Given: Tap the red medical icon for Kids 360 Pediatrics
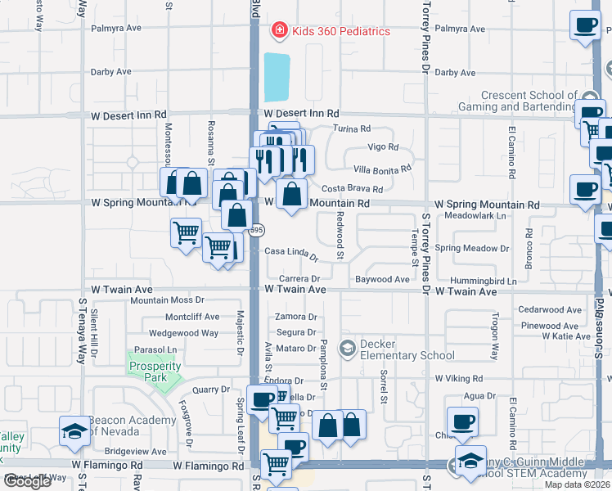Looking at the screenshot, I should [x=279, y=31].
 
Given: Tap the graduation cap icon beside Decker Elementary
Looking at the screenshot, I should [x=348, y=349].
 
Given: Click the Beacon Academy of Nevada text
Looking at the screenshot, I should [x=133, y=426].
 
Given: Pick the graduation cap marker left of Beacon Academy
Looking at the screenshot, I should [x=74, y=431].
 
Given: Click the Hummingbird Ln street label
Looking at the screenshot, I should [x=488, y=281].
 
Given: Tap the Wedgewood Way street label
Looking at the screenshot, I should [x=183, y=333].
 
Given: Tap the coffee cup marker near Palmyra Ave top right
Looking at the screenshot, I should [x=586, y=26].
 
